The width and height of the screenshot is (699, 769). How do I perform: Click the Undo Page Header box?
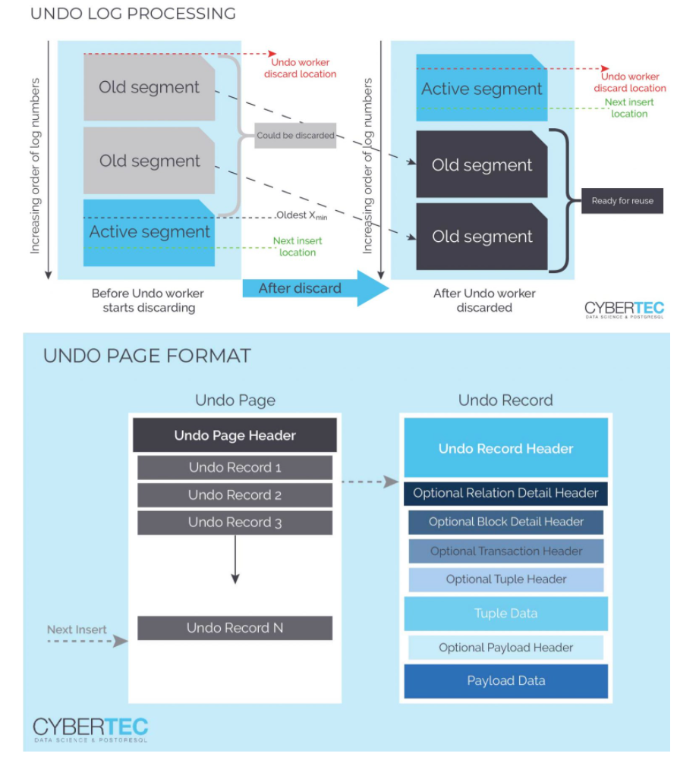(x=235, y=435)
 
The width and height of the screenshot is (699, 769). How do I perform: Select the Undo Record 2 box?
(x=235, y=495)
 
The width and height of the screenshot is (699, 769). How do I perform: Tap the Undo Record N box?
(x=235, y=628)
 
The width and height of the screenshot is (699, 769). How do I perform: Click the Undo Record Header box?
(x=505, y=448)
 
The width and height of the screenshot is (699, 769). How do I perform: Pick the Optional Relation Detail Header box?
(x=505, y=493)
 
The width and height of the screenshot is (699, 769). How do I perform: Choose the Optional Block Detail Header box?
(x=505, y=522)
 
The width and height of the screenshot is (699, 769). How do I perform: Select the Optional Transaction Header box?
(x=505, y=551)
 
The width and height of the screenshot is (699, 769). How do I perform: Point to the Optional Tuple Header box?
(x=505, y=579)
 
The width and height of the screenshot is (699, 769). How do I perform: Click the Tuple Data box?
(x=505, y=614)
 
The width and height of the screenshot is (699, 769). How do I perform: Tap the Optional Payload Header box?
(x=505, y=648)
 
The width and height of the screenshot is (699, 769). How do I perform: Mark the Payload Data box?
(x=505, y=681)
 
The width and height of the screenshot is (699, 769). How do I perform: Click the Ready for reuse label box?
(x=622, y=201)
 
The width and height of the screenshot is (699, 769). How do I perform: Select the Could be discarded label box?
(x=294, y=135)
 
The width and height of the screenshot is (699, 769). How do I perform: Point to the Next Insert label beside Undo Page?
(x=77, y=629)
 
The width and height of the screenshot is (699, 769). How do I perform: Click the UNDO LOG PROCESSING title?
(x=133, y=14)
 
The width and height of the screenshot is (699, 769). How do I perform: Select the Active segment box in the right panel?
(x=481, y=89)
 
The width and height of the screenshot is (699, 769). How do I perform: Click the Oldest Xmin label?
(x=302, y=215)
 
